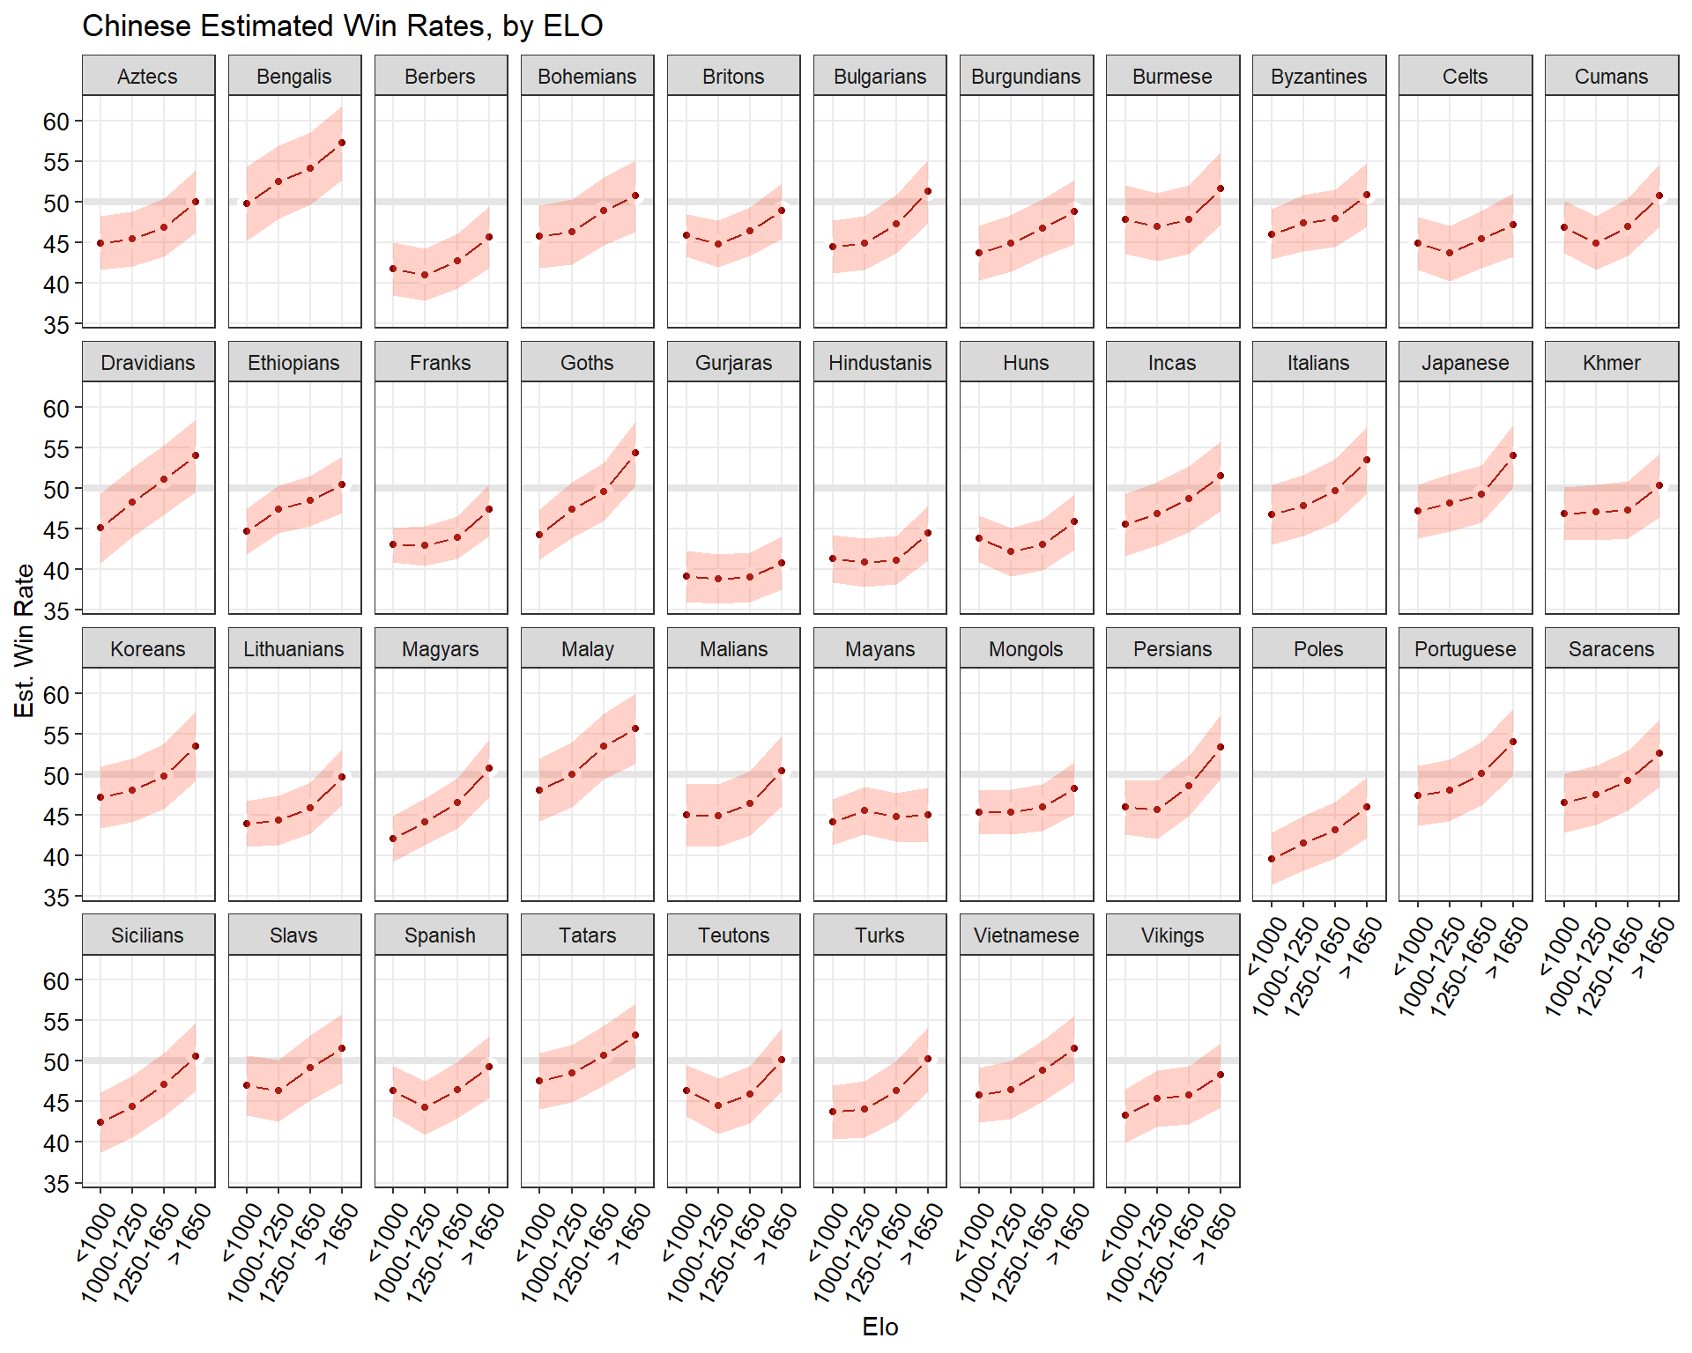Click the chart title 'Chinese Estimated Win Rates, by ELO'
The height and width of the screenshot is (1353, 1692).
(x=342, y=26)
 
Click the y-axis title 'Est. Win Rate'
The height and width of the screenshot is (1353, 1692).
(x=24, y=640)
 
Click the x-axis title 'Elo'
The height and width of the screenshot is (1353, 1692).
(x=879, y=1327)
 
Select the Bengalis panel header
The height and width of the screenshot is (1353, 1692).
(x=294, y=77)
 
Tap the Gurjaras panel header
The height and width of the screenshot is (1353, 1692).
(x=733, y=363)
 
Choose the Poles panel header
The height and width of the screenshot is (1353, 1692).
(x=1318, y=649)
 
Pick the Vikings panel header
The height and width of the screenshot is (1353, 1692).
(x=1172, y=935)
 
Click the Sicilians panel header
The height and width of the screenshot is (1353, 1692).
(x=148, y=935)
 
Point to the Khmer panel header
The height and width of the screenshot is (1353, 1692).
(x=1611, y=363)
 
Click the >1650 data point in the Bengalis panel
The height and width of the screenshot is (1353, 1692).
(x=342, y=143)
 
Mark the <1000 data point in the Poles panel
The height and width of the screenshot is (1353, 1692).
(x=1272, y=859)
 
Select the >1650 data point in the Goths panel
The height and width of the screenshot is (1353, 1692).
(x=635, y=453)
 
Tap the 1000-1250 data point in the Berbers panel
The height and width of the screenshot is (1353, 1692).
(x=425, y=275)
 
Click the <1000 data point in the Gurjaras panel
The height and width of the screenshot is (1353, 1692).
(x=686, y=576)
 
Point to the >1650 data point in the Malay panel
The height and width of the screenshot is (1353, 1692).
(x=635, y=728)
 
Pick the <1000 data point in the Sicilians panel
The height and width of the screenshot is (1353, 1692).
(x=100, y=1122)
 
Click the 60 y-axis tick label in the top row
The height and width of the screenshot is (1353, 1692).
(x=56, y=122)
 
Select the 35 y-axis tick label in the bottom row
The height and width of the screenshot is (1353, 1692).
(x=56, y=1185)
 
